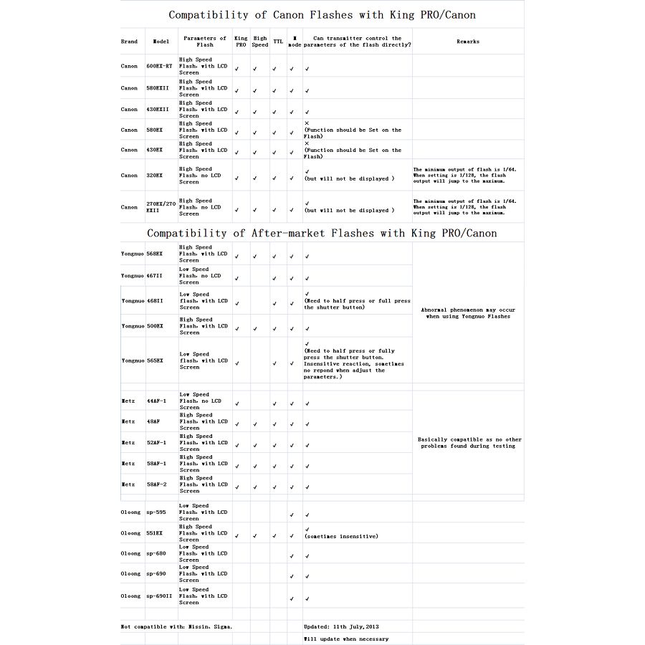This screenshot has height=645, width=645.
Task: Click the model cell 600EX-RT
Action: [x=159, y=66]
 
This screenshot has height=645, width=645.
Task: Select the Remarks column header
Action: [x=468, y=42]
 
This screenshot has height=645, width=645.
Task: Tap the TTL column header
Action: [x=277, y=42]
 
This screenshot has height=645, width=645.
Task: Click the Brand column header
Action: [x=129, y=42]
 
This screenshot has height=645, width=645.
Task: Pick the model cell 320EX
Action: [x=155, y=175]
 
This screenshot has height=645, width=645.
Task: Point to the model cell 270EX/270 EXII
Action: [x=161, y=207]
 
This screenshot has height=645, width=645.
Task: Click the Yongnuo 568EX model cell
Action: [x=155, y=254]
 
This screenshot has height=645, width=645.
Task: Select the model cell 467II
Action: [x=155, y=276]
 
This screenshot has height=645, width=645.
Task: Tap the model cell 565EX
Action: [x=155, y=360]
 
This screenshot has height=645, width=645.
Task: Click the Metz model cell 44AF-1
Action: [x=156, y=401]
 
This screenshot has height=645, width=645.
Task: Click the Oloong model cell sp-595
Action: [x=156, y=512]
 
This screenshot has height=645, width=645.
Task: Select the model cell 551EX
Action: [x=155, y=533]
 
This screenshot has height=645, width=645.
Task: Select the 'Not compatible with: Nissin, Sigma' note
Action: [x=176, y=626]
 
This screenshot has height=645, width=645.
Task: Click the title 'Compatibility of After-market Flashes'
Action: [x=322, y=233]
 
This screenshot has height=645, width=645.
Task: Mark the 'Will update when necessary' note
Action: [x=346, y=639]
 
